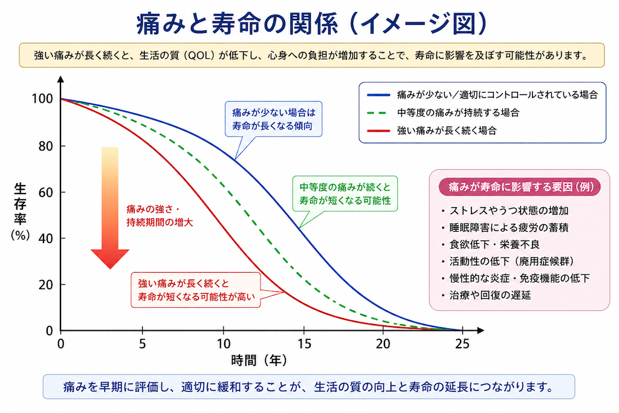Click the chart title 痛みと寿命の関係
tap(237, 24)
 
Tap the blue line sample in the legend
tap(378, 95)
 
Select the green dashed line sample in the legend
tap(378, 113)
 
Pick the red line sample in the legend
tap(378, 131)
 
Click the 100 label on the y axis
tap(42, 99)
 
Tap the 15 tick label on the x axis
tap(304, 344)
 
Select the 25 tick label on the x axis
tap(462, 344)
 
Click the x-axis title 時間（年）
tap(259, 360)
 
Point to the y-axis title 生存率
tap(20, 204)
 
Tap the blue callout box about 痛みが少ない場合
tap(273, 119)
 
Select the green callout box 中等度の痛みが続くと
tap(345, 194)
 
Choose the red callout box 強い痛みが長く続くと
tap(196, 290)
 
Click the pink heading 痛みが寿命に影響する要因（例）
tap(519, 187)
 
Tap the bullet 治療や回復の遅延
tap(487, 295)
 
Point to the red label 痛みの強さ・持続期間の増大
tap(160, 216)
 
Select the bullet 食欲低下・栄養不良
tap(491, 244)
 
